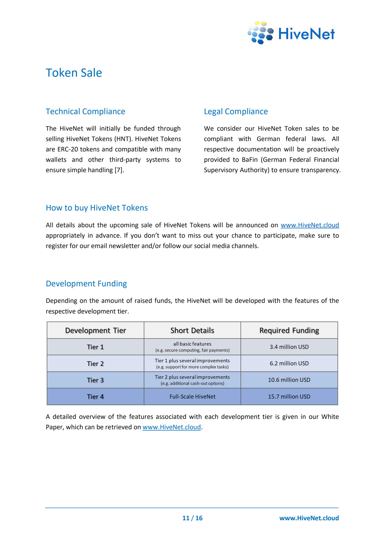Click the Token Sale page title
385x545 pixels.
(74, 73)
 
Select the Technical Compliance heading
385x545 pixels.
(85, 112)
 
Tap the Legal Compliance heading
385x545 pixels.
(236, 112)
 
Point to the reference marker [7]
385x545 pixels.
(119, 170)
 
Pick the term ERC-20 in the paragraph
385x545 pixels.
(67, 150)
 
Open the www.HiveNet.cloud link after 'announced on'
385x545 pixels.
(310, 225)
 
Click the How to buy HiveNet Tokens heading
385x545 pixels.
(97, 208)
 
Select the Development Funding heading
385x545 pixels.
(86, 284)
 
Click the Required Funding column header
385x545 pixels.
(289, 331)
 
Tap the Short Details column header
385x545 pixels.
(192, 331)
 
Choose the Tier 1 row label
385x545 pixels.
(95, 347)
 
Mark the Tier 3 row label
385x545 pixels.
(95, 380)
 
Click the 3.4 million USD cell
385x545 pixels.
(289, 347)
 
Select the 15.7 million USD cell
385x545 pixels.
(289, 397)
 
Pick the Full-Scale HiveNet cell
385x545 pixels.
(192, 397)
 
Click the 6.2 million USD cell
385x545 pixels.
(289, 364)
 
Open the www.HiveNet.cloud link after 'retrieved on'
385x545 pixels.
(172, 427)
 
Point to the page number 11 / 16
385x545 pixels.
(192, 518)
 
